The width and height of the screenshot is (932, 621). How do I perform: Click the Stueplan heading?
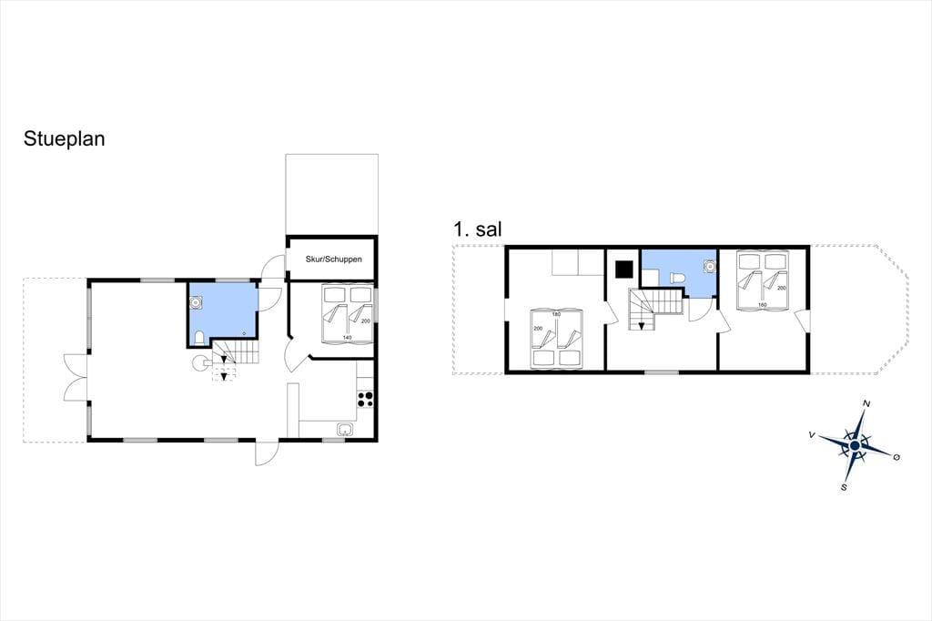(65, 139)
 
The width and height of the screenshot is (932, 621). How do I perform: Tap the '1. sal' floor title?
(477, 229)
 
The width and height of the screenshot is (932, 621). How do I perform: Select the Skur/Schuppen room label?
(333, 259)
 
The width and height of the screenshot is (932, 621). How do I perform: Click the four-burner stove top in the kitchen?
(366, 399)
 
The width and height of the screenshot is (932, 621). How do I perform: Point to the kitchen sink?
(345, 429)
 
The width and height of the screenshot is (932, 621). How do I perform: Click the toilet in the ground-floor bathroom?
(199, 339)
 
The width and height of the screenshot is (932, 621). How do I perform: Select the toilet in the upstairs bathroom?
(677, 279)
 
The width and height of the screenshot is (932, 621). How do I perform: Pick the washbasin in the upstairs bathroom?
(708, 266)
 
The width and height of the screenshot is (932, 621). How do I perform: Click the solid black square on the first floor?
(624, 270)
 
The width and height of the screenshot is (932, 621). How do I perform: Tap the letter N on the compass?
(866, 404)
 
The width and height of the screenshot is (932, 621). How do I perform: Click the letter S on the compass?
(844, 487)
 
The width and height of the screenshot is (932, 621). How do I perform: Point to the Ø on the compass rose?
(897, 457)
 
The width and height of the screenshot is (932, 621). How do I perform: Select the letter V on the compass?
(812, 435)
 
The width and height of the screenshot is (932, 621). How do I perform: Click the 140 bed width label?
(347, 338)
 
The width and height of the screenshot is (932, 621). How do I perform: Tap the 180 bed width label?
(556, 314)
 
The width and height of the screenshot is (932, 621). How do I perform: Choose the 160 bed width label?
(763, 305)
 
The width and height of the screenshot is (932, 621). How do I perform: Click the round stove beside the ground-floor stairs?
(199, 362)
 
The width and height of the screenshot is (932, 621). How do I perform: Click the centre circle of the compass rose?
(855, 445)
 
